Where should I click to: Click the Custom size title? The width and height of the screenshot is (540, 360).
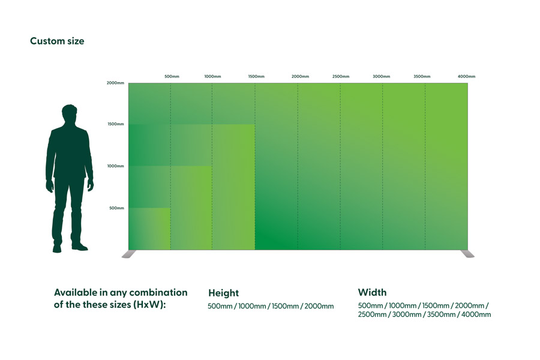pyautogui.click(x=57, y=41)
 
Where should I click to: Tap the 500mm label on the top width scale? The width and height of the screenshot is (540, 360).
pyautogui.click(x=172, y=76)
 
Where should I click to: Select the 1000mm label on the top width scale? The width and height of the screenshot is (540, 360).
pyautogui.click(x=212, y=76)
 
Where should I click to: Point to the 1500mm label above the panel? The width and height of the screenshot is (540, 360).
pyautogui.click(x=256, y=76)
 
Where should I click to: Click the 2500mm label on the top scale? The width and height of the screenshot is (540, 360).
pyautogui.click(x=341, y=76)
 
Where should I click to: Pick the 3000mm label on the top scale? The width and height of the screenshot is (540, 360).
pyautogui.click(x=381, y=76)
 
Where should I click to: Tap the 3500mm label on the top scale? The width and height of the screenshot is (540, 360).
pyautogui.click(x=422, y=76)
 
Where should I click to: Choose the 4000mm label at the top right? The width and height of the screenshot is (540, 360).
pyautogui.click(x=466, y=76)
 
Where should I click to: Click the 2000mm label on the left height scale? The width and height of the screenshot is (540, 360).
pyautogui.click(x=115, y=83)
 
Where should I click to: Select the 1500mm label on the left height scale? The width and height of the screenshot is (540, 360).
pyautogui.click(x=116, y=124)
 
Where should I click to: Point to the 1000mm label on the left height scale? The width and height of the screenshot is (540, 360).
pyautogui.click(x=115, y=166)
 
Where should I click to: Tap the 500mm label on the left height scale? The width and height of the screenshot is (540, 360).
pyautogui.click(x=117, y=208)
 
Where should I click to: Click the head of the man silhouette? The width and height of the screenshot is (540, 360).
pyautogui.click(x=69, y=113)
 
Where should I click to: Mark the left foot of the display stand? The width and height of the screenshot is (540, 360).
pyautogui.click(x=129, y=254)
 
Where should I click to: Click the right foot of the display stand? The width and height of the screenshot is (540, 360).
pyautogui.click(x=467, y=254)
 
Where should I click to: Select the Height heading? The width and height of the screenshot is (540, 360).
pyautogui.click(x=224, y=293)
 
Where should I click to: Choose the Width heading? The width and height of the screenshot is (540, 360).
pyautogui.click(x=372, y=292)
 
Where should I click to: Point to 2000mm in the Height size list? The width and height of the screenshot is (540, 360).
pyautogui.click(x=319, y=306)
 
